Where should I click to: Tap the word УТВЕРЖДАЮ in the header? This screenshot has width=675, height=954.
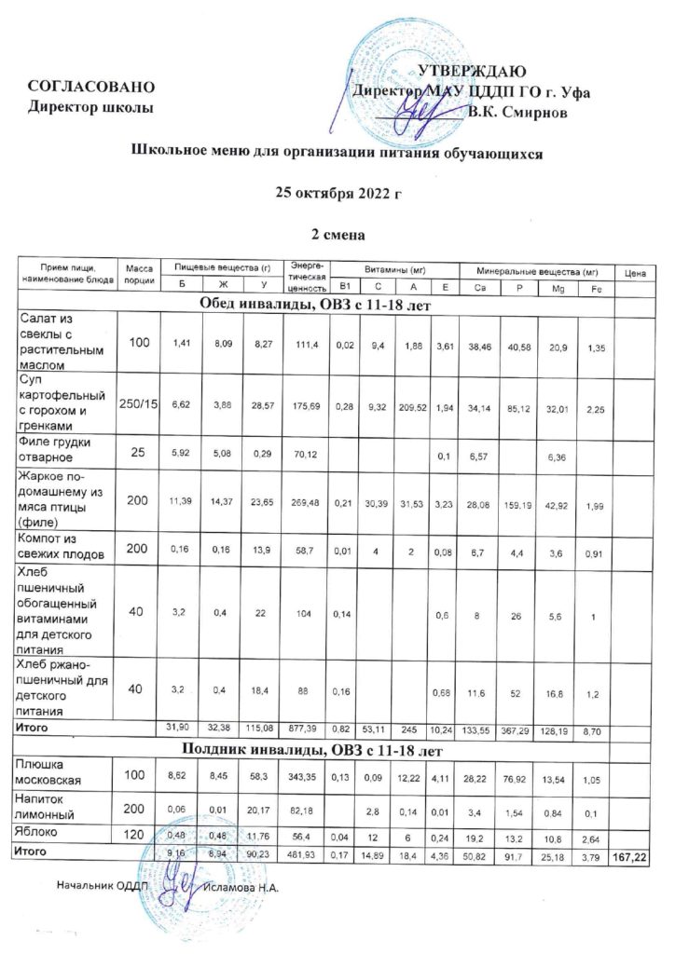[x=474, y=72]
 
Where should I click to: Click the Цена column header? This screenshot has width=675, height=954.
[x=636, y=274]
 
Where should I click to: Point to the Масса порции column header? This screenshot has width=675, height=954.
[x=138, y=274]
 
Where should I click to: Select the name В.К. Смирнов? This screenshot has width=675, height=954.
[x=529, y=113]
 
